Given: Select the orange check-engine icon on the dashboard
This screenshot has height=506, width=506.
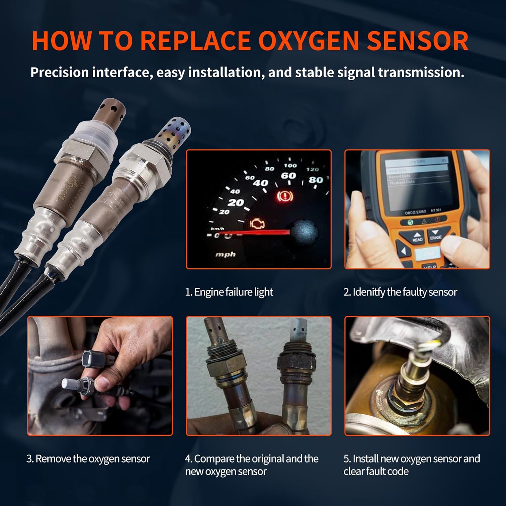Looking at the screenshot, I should [x=257, y=224].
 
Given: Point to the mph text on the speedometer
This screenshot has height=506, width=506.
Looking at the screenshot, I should [x=225, y=254].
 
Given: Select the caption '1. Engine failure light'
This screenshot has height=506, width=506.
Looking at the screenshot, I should [x=229, y=292].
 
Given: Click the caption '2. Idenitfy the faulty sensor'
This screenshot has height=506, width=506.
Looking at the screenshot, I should [x=400, y=292].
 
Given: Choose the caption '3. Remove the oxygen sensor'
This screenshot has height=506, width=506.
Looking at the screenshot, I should [x=88, y=459].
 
